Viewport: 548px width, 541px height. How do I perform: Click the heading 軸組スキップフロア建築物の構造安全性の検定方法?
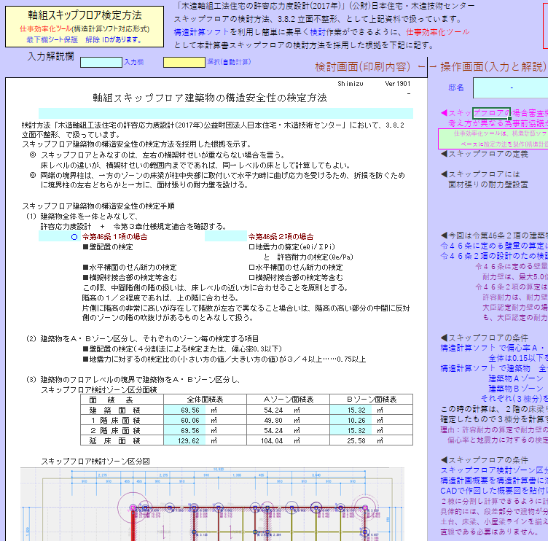(x=210, y=97)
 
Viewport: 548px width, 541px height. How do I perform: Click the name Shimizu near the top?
(x=350, y=84)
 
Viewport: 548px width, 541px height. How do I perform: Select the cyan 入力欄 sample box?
(x=101, y=63)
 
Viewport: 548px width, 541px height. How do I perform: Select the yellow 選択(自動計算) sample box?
(x=184, y=63)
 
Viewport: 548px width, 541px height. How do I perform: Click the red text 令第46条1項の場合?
(x=114, y=237)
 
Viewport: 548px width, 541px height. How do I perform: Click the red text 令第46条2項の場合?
(x=281, y=237)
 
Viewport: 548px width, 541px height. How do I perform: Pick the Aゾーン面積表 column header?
(x=288, y=400)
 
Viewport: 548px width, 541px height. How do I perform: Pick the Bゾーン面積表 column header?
(x=372, y=400)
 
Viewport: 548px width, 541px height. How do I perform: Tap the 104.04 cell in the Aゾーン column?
(x=273, y=441)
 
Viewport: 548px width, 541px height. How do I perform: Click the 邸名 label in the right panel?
(x=456, y=87)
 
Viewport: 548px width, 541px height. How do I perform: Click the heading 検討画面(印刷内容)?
(x=362, y=67)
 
